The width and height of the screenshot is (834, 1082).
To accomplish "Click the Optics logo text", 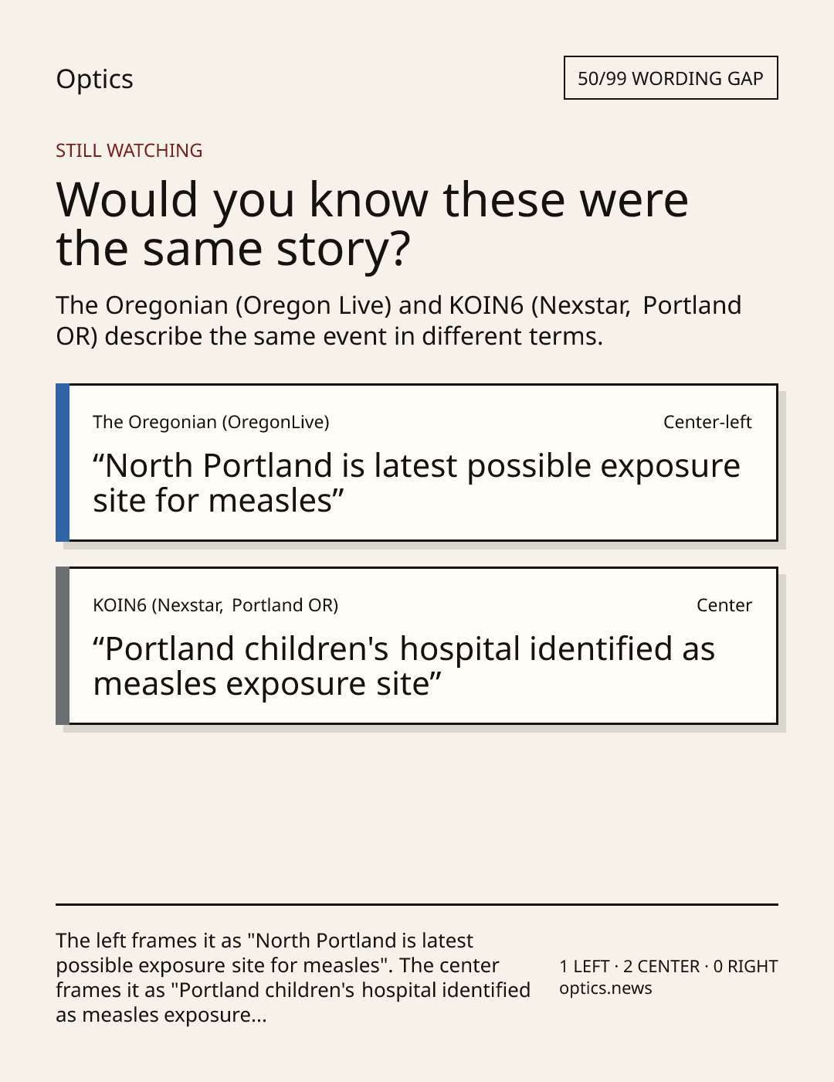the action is coord(94,79).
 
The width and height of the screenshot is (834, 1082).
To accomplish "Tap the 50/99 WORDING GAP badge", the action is coord(670,78).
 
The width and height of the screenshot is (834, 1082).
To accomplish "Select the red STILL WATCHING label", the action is coord(129,151).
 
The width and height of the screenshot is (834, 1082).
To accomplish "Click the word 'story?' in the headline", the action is coord(343,250).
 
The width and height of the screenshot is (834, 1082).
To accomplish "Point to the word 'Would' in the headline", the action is coord(127,199).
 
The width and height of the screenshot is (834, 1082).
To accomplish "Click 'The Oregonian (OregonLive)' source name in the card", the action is coord(211,422).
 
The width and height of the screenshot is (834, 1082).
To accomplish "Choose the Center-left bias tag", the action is coord(707,422).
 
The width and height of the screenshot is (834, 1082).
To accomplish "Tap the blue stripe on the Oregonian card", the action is coord(63,463).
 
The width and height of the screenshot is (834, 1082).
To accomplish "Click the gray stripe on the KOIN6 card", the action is coord(63,645).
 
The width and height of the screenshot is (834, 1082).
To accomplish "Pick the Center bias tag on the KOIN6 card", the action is coord(724,605).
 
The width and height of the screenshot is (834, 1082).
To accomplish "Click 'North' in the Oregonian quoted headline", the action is coord(149,466).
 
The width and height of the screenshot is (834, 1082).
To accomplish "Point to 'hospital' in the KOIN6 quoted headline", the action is coord(460,650).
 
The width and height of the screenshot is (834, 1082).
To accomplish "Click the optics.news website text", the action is coord(605,988).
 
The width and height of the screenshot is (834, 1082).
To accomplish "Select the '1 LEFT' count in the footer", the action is coord(585,967).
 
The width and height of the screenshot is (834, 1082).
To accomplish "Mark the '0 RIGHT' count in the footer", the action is coord(745,967).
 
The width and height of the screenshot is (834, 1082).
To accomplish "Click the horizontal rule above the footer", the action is coord(417,904).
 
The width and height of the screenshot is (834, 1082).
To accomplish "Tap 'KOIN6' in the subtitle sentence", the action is coord(486,305).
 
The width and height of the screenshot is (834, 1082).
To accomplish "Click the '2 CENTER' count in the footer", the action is coord(662,967).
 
